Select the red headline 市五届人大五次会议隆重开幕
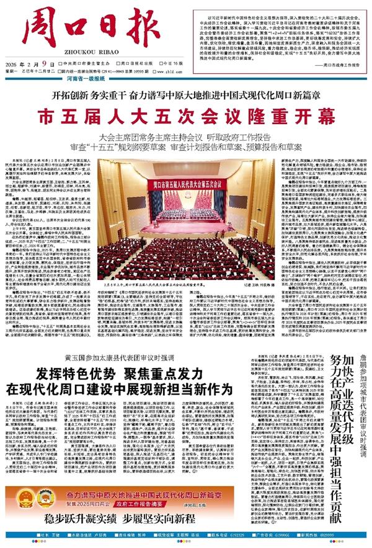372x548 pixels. click(187, 115)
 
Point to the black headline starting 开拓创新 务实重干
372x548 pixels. click(185, 95)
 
